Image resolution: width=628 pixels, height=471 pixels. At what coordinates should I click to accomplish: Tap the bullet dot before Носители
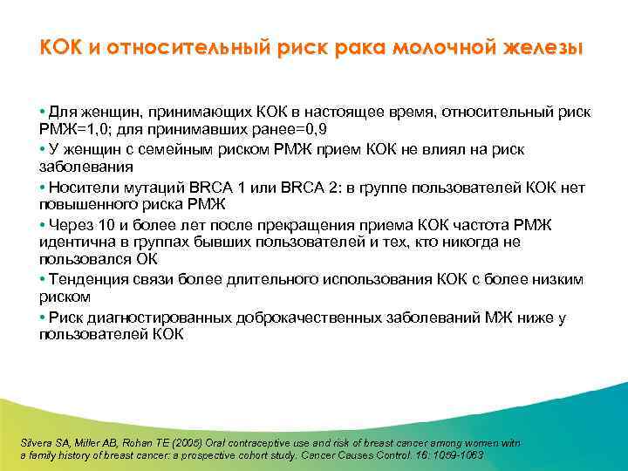click(x=42, y=188)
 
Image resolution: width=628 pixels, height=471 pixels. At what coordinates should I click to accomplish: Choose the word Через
click(x=71, y=225)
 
